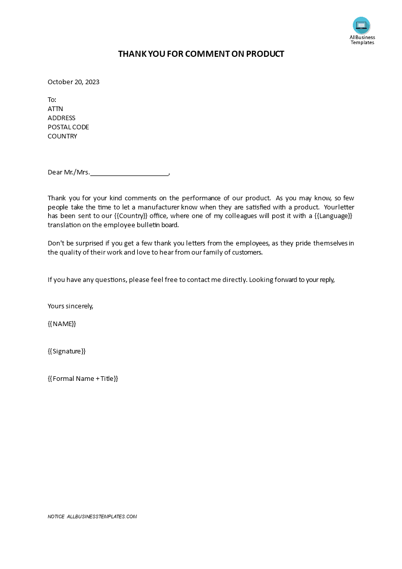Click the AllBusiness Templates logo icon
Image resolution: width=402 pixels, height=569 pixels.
pyautogui.click(x=361, y=25)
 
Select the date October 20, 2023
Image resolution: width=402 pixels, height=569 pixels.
pyautogui.click(x=74, y=82)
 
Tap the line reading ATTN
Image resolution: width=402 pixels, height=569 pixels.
pyautogui.click(x=55, y=109)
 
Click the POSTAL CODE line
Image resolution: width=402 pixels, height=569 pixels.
pyautogui.click(x=68, y=127)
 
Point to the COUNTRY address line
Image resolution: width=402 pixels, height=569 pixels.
pyautogui.click(x=62, y=136)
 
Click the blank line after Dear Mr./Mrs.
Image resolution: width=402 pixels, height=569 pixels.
pyautogui.click(x=129, y=173)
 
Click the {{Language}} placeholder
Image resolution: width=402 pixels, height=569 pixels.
pyautogui.click(x=333, y=216)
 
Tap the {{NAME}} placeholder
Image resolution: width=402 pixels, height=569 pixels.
pyautogui.click(x=62, y=324)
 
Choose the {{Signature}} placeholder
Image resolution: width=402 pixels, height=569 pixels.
pyautogui.click(x=66, y=351)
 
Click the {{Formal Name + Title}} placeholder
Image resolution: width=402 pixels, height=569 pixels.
pyautogui.click(x=83, y=378)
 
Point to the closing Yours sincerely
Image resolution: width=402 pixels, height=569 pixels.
pyautogui.click(x=70, y=306)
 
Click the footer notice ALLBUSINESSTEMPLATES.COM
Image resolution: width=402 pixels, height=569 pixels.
pyautogui.click(x=102, y=517)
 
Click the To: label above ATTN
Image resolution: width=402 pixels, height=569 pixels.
pyautogui.click(x=52, y=99)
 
